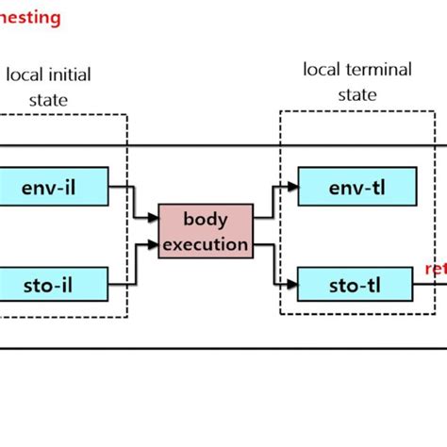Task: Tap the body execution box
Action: [204, 231]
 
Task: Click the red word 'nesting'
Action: [30, 17]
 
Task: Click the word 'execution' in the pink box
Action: [204, 244]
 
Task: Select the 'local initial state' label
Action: [48, 86]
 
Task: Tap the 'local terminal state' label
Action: [343, 82]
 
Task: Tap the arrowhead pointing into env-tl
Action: [291, 186]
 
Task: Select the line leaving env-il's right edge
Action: [120, 186]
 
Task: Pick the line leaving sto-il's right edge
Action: [120, 280]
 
